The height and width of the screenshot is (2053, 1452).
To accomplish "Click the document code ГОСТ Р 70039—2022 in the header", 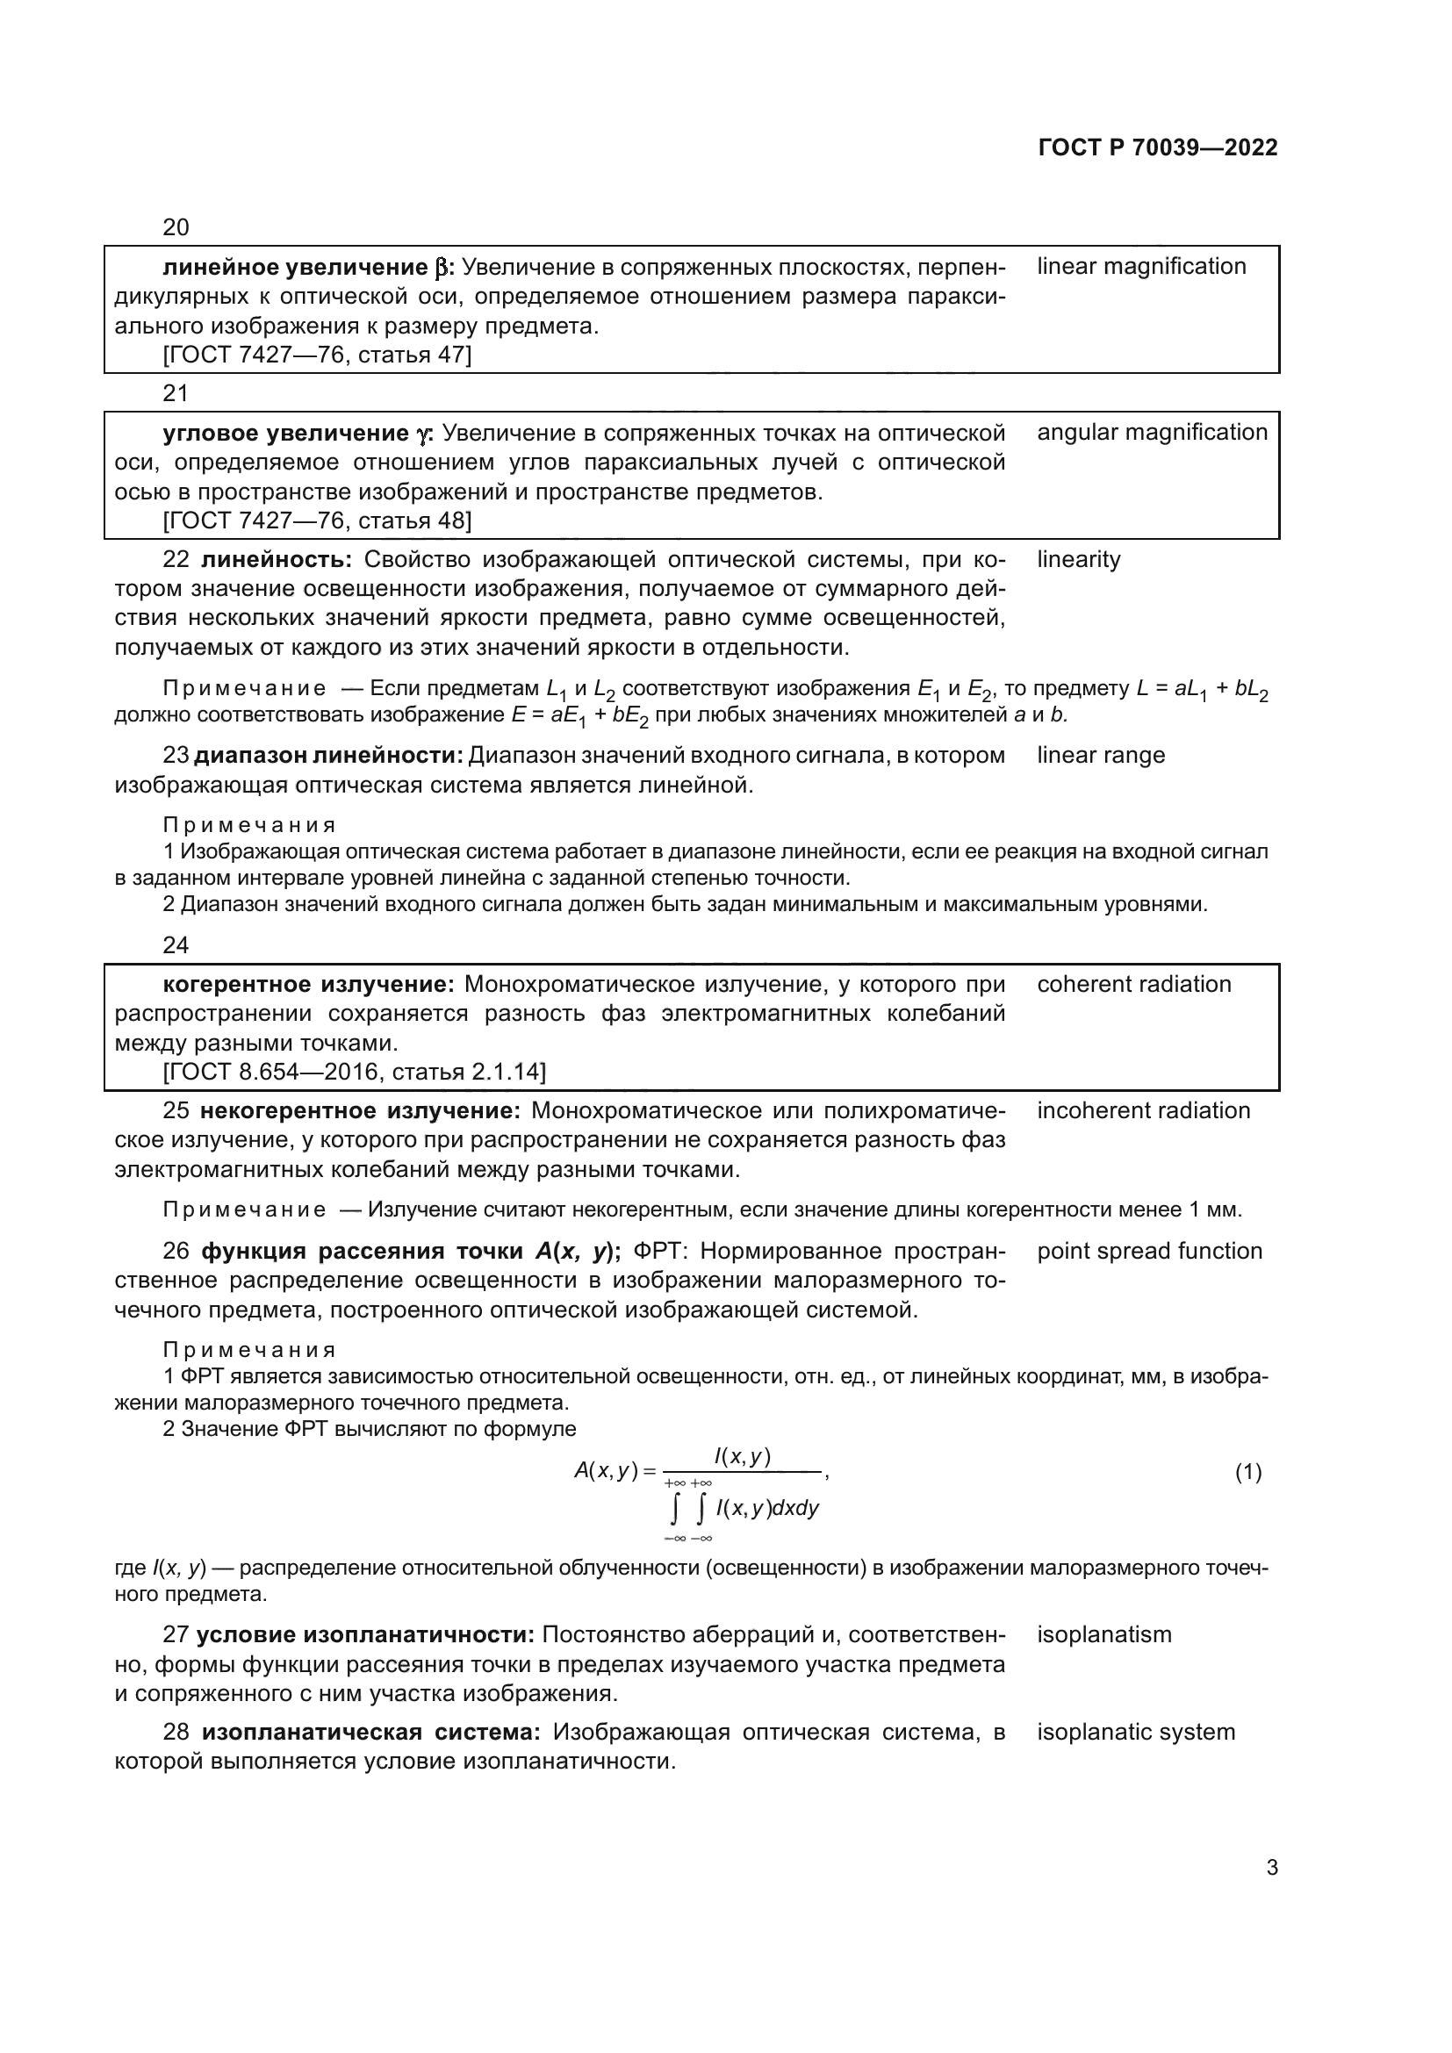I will click(x=1158, y=147).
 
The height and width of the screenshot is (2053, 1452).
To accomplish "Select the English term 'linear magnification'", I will click(x=1141, y=267).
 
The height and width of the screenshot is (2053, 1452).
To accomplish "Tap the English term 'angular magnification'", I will click(x=1152, y=433).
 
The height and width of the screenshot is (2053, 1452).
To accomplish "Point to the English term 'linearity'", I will click(x=1078, y=560).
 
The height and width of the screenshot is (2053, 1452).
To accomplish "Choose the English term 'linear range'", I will click(x=1101, y=756).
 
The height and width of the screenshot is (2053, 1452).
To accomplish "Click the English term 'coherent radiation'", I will click(x=1133, y=985).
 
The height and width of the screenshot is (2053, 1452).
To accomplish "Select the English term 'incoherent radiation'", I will click(x=1144, y=1111).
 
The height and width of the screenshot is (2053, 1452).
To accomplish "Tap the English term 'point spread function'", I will click(x=1149, y=1252).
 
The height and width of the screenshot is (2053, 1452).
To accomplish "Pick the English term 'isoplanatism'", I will click(x=1103, y=1635).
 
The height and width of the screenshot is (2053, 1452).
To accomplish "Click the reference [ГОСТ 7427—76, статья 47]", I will click(x=317, y=355).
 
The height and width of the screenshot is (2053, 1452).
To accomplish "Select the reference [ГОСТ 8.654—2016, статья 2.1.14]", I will click(x=354, y=1072).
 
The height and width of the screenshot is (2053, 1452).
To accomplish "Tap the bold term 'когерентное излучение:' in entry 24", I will click(x=308, y=986).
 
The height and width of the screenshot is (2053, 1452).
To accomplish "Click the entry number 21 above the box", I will click(x=176, y=393).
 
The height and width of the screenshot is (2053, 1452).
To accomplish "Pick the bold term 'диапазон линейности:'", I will click(x=328, y=757).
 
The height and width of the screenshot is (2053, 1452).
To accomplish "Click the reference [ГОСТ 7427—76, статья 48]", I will click(x=317, y=520).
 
